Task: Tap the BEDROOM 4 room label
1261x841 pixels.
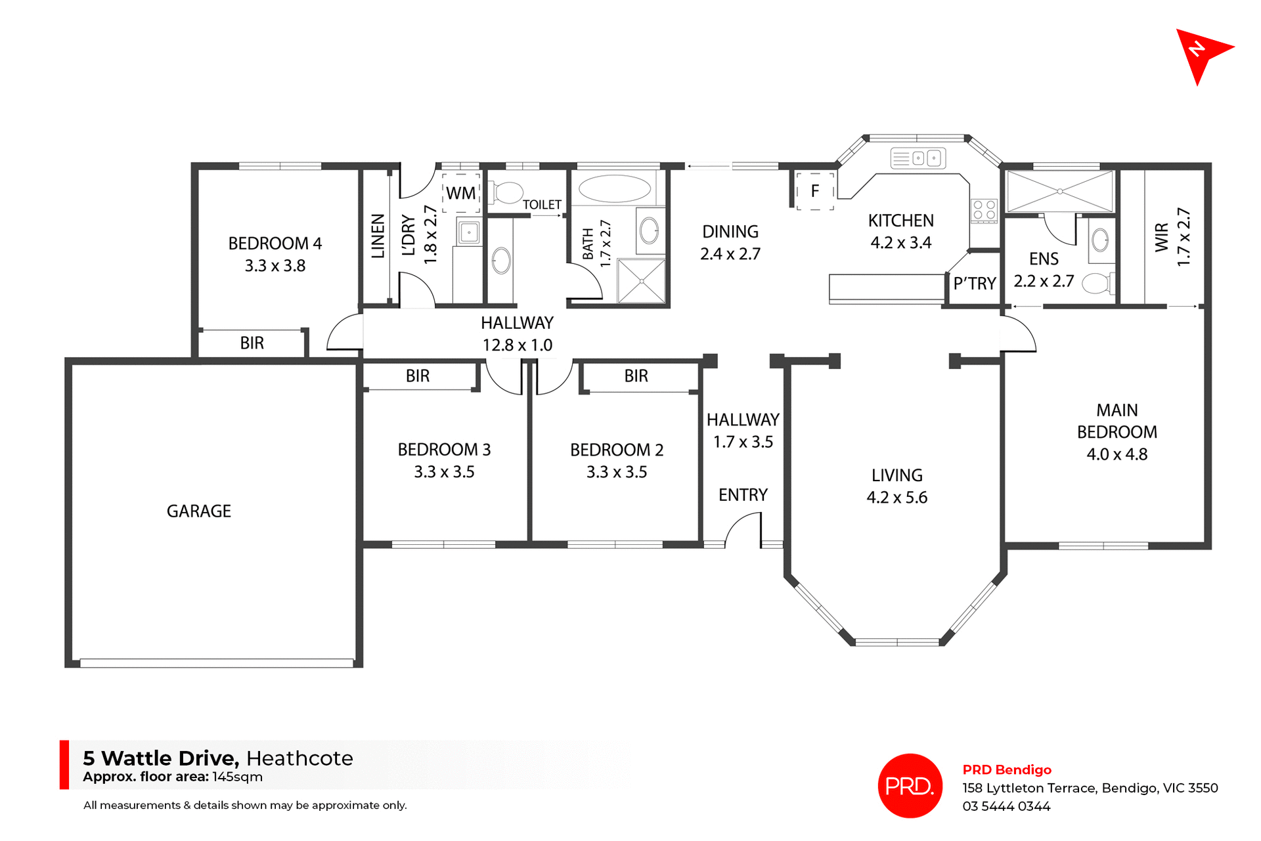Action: coord(275,244)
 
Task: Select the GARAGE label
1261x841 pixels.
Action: coord(198,511)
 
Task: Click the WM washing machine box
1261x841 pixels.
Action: coord(460,193)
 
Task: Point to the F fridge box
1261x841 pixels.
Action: coord(814,191)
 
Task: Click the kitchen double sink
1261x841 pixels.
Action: coord(918,158)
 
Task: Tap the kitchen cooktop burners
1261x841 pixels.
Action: coord(984,210)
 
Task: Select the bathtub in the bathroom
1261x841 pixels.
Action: coord(614,189)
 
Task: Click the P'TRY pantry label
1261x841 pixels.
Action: coord(975,284)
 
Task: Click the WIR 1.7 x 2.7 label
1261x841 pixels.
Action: coord(1172,237)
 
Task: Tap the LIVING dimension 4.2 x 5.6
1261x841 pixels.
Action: coord(896,498)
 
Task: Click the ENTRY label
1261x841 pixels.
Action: coord(743,495)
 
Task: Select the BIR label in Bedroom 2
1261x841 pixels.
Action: coord(636,376)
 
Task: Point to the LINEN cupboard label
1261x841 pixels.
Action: coord(378,236)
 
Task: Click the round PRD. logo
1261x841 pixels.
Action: coord(910,785)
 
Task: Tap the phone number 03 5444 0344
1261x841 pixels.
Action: coord(1006,806)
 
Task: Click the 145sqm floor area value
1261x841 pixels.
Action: coord(237,777)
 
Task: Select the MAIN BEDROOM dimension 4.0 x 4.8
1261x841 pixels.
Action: coord(1117,454)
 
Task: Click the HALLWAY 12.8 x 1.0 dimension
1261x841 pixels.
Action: coord(517,345)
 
